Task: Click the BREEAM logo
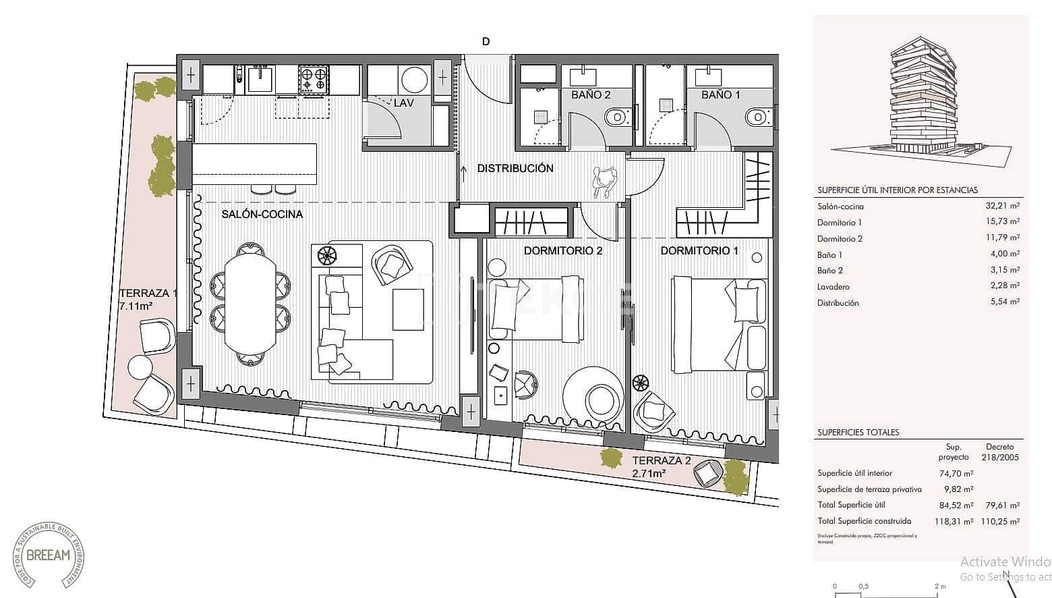[x=49, y=555]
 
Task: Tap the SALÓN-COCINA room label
[x=262, y=214]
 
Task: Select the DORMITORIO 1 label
[x=699, y=250]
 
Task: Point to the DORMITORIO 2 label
[x=563, y=250]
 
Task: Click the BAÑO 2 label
[x=591, y=94]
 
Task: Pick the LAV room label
[x=403, y=103]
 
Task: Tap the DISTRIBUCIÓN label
[x=515, y=168]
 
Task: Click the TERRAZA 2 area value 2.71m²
[x=649, y=474]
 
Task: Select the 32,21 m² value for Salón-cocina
[x=1002, y=207]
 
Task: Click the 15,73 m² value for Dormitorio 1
[x=1002, y=222]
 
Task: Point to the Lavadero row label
[x=834, y=287]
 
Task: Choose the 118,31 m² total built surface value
[x=956, y=521]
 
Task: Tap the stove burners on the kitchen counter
[x=314, y=80]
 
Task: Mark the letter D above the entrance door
[x=486, y=41]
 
